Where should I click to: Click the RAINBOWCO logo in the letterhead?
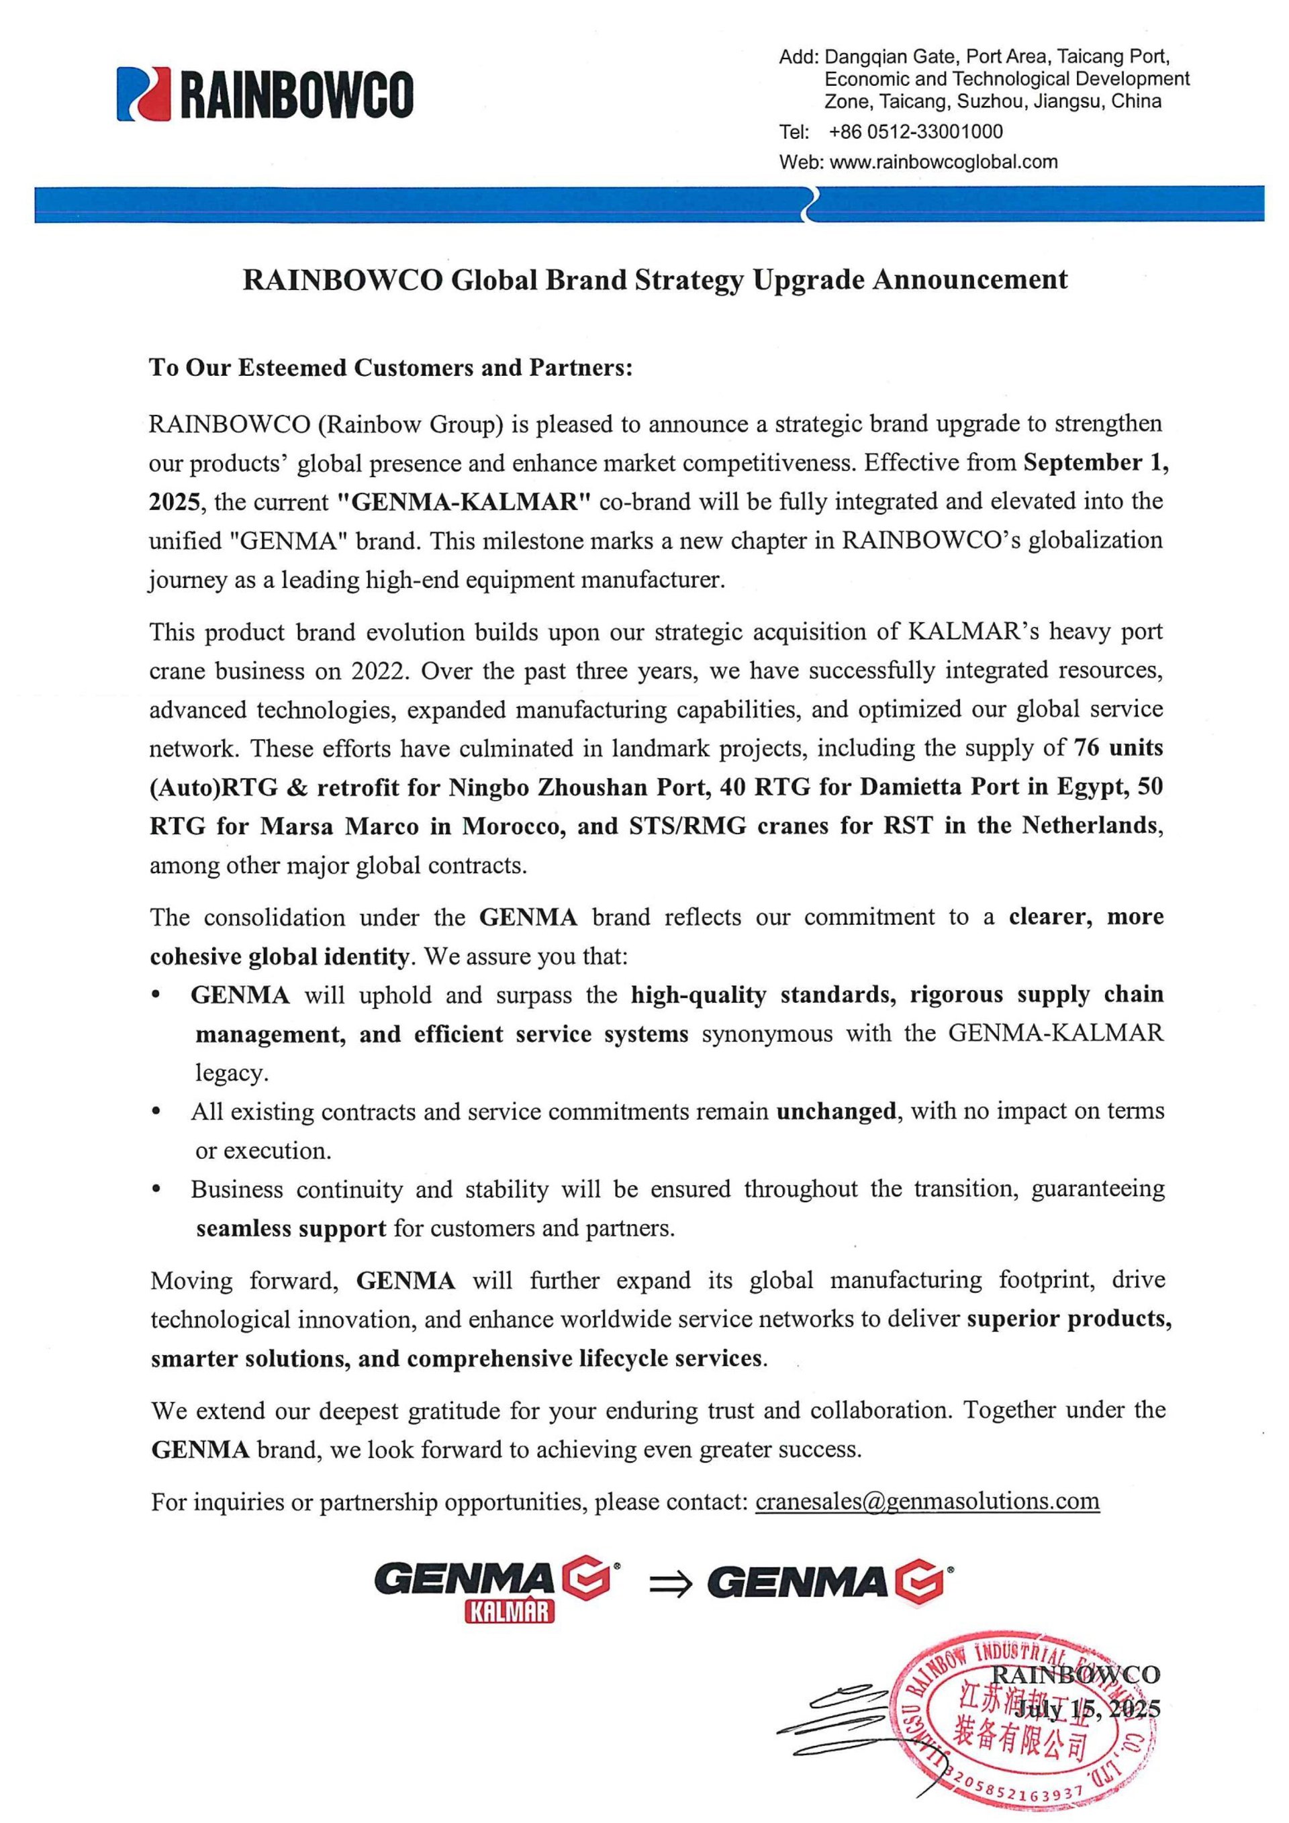click(265, 95)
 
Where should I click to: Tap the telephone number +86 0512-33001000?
click(915, 132)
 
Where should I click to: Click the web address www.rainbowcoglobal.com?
click(943, 162)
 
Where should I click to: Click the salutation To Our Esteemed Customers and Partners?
click(391, 368)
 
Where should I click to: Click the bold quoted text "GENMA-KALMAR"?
click(465, 502)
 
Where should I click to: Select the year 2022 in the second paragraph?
click(379, 671)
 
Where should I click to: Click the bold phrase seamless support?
click(291, 1228)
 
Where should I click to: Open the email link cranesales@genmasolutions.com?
click(927, 1501)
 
